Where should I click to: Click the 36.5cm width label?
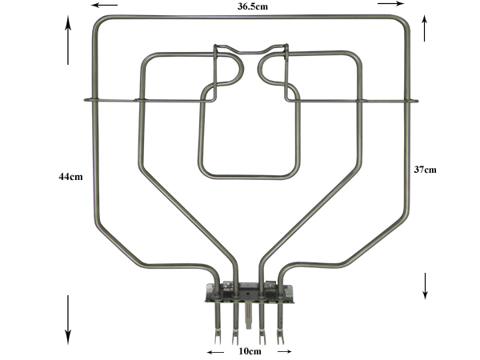[253, 6]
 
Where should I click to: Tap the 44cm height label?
[70, 177]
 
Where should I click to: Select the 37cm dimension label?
[426, 170]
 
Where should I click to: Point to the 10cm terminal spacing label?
[250, 351]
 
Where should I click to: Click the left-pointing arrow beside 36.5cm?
[104, 5]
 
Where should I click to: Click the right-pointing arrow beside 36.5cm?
[391, 3]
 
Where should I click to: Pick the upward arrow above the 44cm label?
[68, 40]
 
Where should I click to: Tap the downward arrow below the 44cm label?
[68, 320]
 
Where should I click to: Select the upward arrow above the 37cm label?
[424, 28]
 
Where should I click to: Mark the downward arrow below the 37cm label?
[425, 286]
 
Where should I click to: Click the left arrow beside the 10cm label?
[215, 352]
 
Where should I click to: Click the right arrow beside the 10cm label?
[284, 351]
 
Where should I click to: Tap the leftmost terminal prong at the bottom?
[218, 324]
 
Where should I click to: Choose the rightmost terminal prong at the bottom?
[281, 324]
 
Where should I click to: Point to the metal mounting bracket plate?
[249, 294]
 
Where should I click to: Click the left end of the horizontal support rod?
[85, 99]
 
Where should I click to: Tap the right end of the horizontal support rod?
[417, 101]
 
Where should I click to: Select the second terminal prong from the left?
[235, 324]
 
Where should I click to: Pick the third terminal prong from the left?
[262, 324]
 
